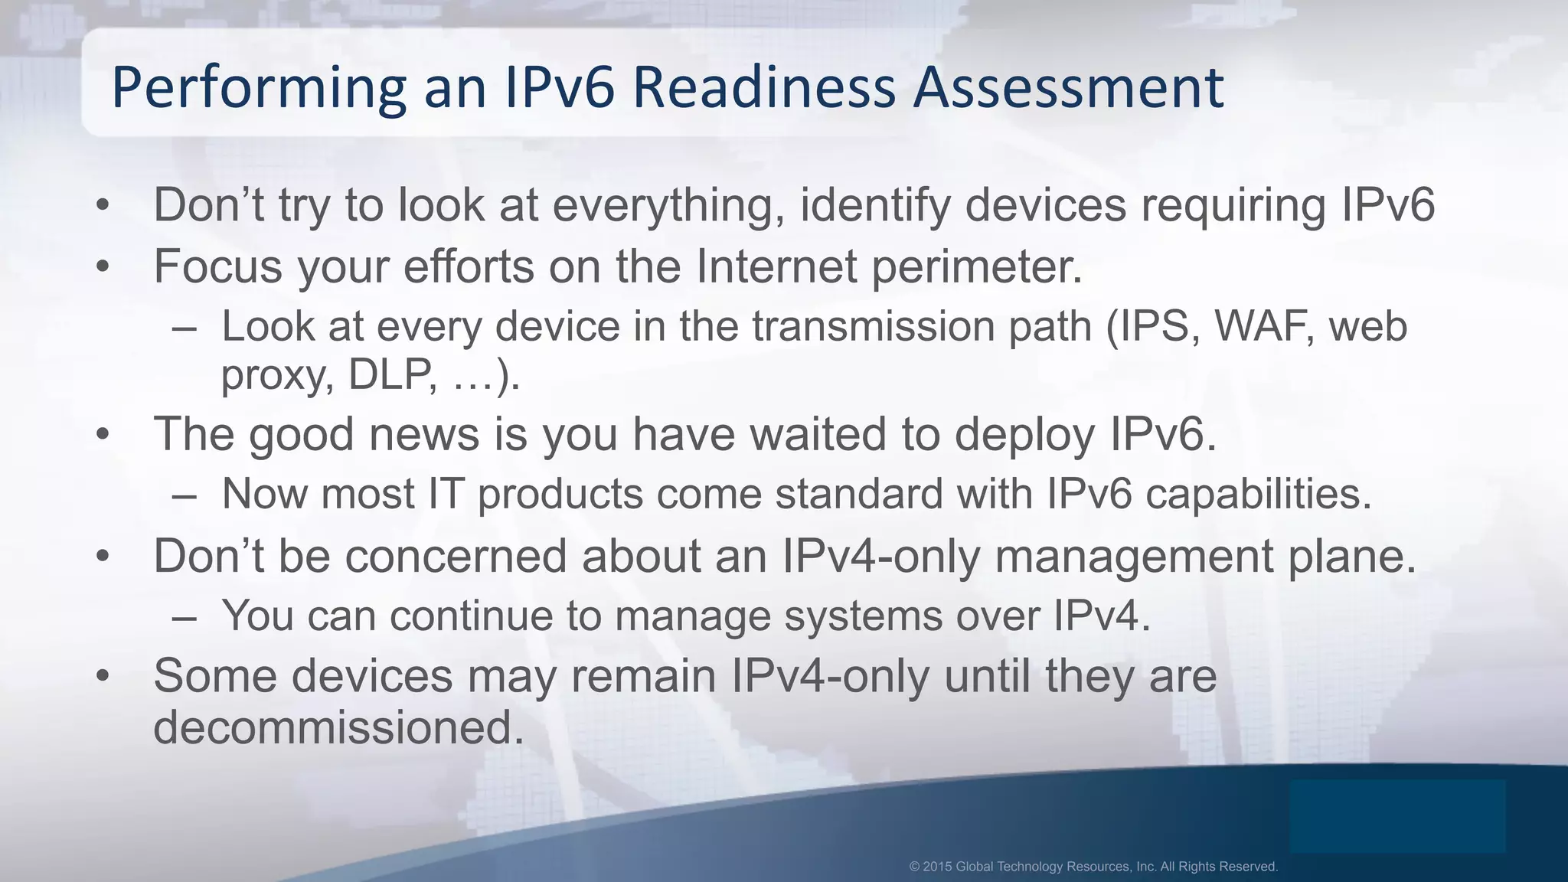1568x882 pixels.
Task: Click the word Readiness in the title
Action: tap(763, 87)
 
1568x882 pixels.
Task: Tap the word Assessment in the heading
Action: tap(1069, 87)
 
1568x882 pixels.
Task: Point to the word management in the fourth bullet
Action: tap(1135, 556)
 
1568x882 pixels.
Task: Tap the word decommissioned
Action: tap(338, 727)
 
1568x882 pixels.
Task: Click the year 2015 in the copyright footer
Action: tap(937, 867)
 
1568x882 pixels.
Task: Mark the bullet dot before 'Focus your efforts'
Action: tap(103, 267)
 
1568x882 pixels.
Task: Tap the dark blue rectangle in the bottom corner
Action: tap(1396, 816)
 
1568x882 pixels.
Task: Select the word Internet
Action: tap(776, 266)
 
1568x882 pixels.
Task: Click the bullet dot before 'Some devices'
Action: tap(103, 677)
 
